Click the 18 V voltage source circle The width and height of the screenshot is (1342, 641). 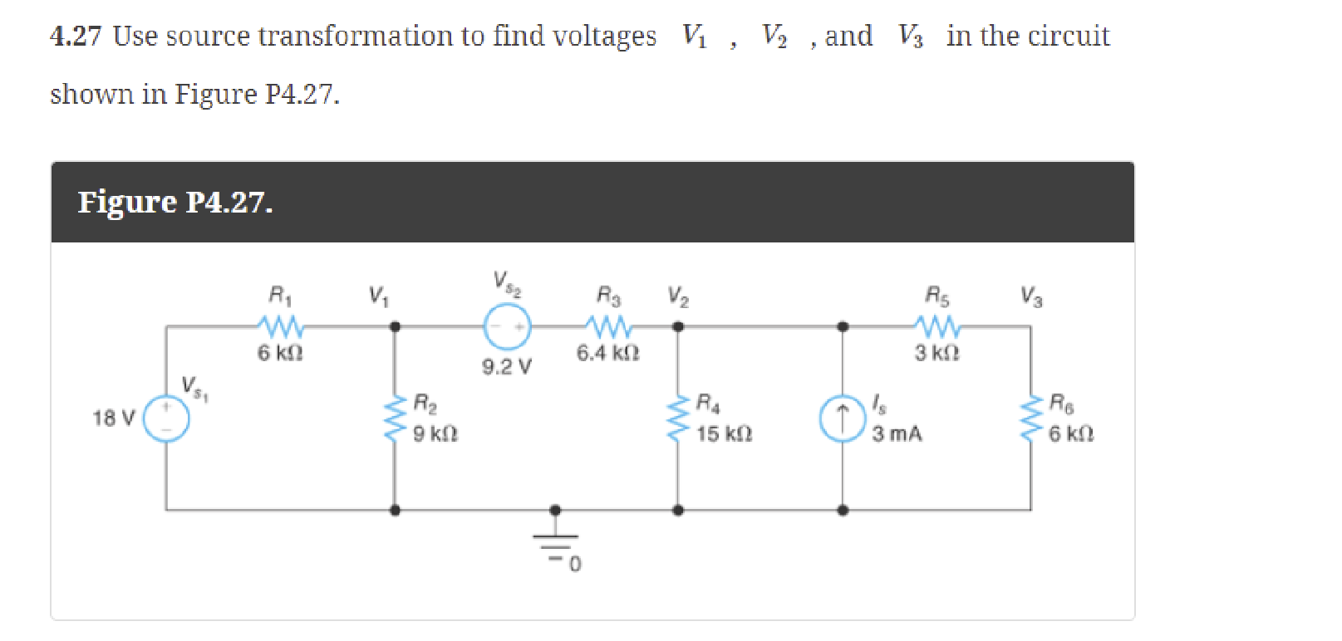pos(166,418)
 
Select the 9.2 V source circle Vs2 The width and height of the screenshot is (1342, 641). pos(507,326)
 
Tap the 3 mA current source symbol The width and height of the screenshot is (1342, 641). pos(842,418)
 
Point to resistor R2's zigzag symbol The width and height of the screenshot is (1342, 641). pos(395,418)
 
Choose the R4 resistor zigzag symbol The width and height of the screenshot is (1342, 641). pos(678,418)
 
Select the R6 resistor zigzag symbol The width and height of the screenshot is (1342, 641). pos(1031,418)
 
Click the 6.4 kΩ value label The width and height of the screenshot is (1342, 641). pos(607,354)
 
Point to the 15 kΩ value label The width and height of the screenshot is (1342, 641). pos(724,434)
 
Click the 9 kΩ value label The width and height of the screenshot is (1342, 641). pos(435,434)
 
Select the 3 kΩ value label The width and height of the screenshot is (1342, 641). pos(936,354)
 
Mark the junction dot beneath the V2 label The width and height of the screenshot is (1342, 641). pos(678,326)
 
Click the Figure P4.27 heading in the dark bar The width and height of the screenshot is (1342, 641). pos(175,203)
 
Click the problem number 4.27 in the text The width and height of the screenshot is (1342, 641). pos(76,37)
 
